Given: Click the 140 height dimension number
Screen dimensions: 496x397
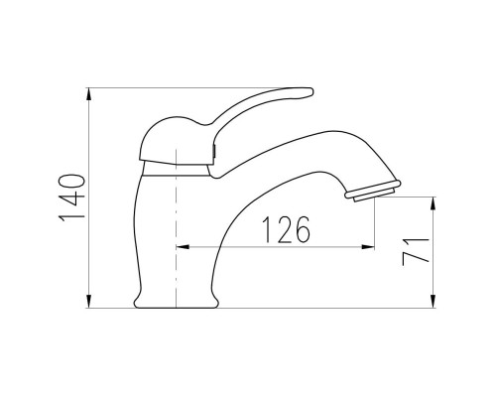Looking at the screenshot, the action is (x=72, y=198).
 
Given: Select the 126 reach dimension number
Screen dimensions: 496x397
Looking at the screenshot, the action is (x=287, y=229).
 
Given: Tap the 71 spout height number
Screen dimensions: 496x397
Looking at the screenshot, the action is (x=416, y=251).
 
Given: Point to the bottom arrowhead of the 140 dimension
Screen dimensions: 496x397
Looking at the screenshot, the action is (x=88, y=302).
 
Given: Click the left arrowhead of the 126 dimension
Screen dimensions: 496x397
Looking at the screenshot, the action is (x=183, y=246).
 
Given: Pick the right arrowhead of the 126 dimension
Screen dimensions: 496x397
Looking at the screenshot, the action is (x=368, y=246).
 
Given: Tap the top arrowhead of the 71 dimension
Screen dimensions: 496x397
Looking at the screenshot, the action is (x=433, y=203).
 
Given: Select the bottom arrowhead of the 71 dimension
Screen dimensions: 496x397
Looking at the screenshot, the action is (x=433, y=302).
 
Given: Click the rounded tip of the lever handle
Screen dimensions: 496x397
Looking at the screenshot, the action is (x=310, y=92).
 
